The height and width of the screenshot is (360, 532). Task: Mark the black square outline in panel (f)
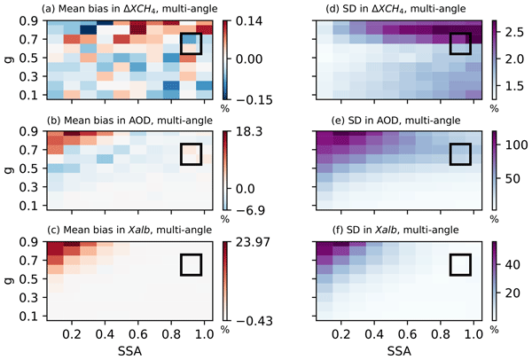click(x=461, y=264)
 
